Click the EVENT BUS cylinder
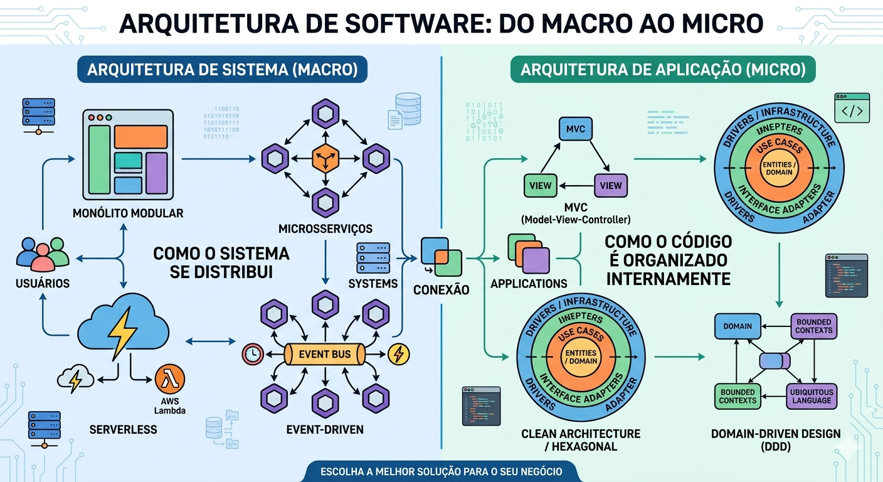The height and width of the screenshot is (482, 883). [x=324, y=354]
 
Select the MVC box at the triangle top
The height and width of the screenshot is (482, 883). [x=575, y=129]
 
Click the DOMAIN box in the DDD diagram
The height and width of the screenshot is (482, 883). [x=738, y=326]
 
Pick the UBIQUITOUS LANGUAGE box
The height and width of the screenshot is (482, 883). [x=812, y=396]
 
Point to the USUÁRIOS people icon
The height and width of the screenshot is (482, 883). [x=43, y=253]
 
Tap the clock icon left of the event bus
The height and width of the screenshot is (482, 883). [x=252, y=355]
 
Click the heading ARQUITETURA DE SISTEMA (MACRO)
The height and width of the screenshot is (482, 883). [x=222, y=70]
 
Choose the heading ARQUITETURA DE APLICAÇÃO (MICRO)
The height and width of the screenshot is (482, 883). [x=663, y=70]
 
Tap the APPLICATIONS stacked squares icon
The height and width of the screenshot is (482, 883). [x=528, y=253]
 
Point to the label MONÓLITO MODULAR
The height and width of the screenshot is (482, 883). [x=128, y=213]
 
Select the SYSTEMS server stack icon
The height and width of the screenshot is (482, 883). [x=373, y=257]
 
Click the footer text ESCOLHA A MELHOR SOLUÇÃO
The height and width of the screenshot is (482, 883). [x=441, y=471]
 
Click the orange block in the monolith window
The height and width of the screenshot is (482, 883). [x=140, y=137]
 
